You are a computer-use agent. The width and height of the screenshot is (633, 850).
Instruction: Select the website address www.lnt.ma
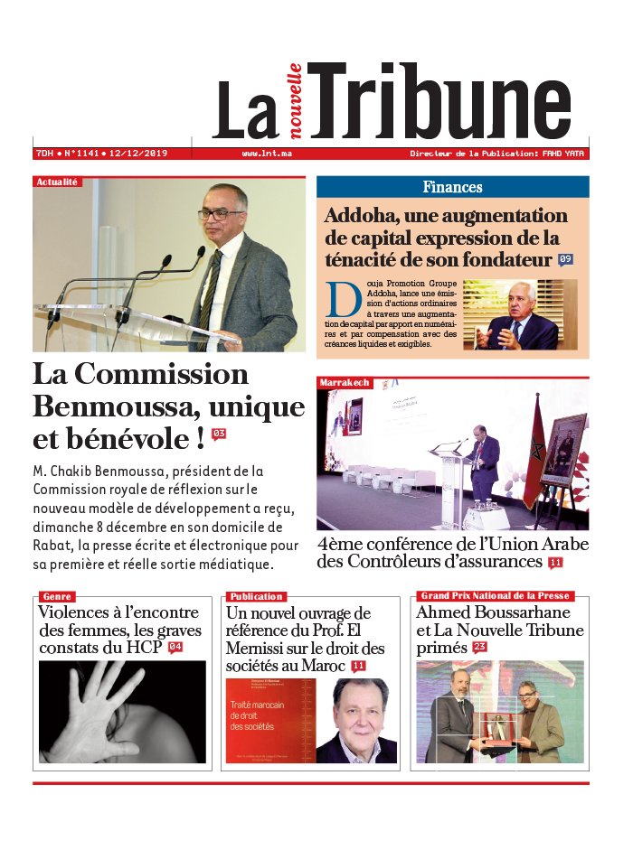(x=267, y=154)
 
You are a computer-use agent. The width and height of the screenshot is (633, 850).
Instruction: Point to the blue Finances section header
(x=452, y=187)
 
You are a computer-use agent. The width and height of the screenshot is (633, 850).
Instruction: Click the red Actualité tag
(x=57, y=182)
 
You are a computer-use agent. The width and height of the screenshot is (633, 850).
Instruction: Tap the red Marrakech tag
(x=344, y=383)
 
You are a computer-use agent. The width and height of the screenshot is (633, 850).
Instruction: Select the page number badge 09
(x=566, y=260)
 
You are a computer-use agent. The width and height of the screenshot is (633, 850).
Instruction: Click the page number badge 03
(x=218, y=434)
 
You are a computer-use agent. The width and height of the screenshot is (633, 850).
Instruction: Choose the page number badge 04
(x=175, y=648)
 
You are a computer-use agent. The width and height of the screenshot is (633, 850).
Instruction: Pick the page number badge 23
(x=479, y=648)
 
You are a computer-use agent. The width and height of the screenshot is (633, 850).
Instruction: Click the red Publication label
(x=256, y=596)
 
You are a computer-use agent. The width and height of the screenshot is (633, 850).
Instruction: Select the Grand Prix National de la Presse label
(x=495, y=595)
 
